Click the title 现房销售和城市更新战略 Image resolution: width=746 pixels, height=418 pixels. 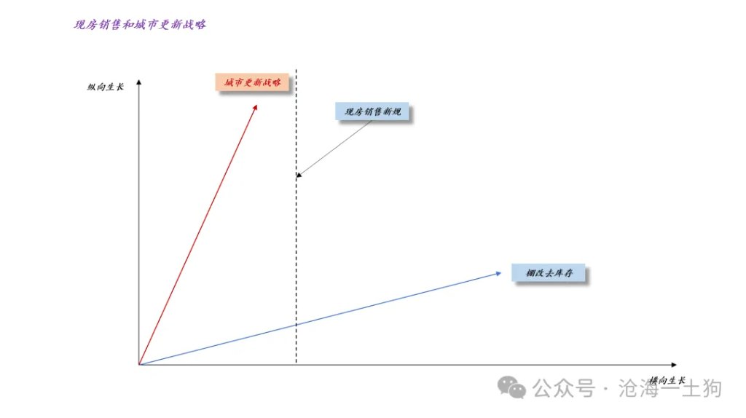point(140,25)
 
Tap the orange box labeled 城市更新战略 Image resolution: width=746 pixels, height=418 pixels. point(252,82)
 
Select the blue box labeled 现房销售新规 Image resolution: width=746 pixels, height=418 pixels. point(372,111)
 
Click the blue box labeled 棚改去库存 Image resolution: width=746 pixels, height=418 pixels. point(549,273)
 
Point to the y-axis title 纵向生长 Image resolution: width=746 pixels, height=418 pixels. point(105,87)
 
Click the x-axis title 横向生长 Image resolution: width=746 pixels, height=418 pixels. point(667,380)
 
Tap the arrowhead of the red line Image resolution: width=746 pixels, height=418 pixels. point(255,108)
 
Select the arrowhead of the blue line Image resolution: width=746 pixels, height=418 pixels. point(498,273)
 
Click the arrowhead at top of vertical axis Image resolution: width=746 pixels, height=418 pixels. point(139,82)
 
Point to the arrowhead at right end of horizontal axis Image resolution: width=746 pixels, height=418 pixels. point(674,365)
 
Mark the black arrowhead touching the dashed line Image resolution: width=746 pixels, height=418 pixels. point(299,175)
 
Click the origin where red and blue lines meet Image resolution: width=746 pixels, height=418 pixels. point(139,365)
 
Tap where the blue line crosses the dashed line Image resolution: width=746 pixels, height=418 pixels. point(296,325)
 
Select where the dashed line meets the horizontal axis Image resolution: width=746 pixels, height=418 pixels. point(296,365)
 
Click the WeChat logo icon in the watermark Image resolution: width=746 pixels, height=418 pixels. point(511,387)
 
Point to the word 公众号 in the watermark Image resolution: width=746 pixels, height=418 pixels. point(564,389)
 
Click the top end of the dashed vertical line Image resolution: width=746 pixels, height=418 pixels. point(296,70)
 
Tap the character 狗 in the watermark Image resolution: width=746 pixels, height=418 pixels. point(711,389)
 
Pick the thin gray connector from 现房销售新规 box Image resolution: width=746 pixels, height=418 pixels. point(335,147)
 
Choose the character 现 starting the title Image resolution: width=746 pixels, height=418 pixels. point(79,25)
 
